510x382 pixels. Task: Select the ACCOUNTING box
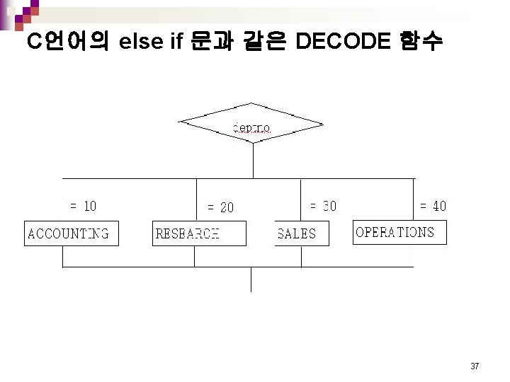click(x=71, y=233)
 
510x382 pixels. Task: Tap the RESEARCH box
click(x=199, y=233)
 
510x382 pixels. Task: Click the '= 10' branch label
click(x=83, y=207)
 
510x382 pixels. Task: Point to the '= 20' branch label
click(x=220, y=208)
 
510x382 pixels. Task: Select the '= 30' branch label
click(x=323, y=206)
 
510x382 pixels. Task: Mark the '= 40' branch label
click(x=433, y=207)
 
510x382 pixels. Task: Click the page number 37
click(x=475, y=366)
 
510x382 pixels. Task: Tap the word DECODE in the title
click(x=342, y=42)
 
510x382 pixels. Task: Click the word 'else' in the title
click(x=142, y=42)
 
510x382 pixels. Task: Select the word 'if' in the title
click(x=177, y=42)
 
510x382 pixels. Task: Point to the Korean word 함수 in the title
click(x=421, y=42)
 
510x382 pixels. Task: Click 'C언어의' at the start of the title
click(x=67, y=42)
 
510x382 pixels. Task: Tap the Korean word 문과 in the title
click(x=213, y=42)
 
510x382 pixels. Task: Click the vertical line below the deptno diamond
click(x=252, y=160)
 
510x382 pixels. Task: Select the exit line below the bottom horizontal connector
click(x=250, y=279)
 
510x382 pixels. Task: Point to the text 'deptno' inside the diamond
click(x=251, y=128)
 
